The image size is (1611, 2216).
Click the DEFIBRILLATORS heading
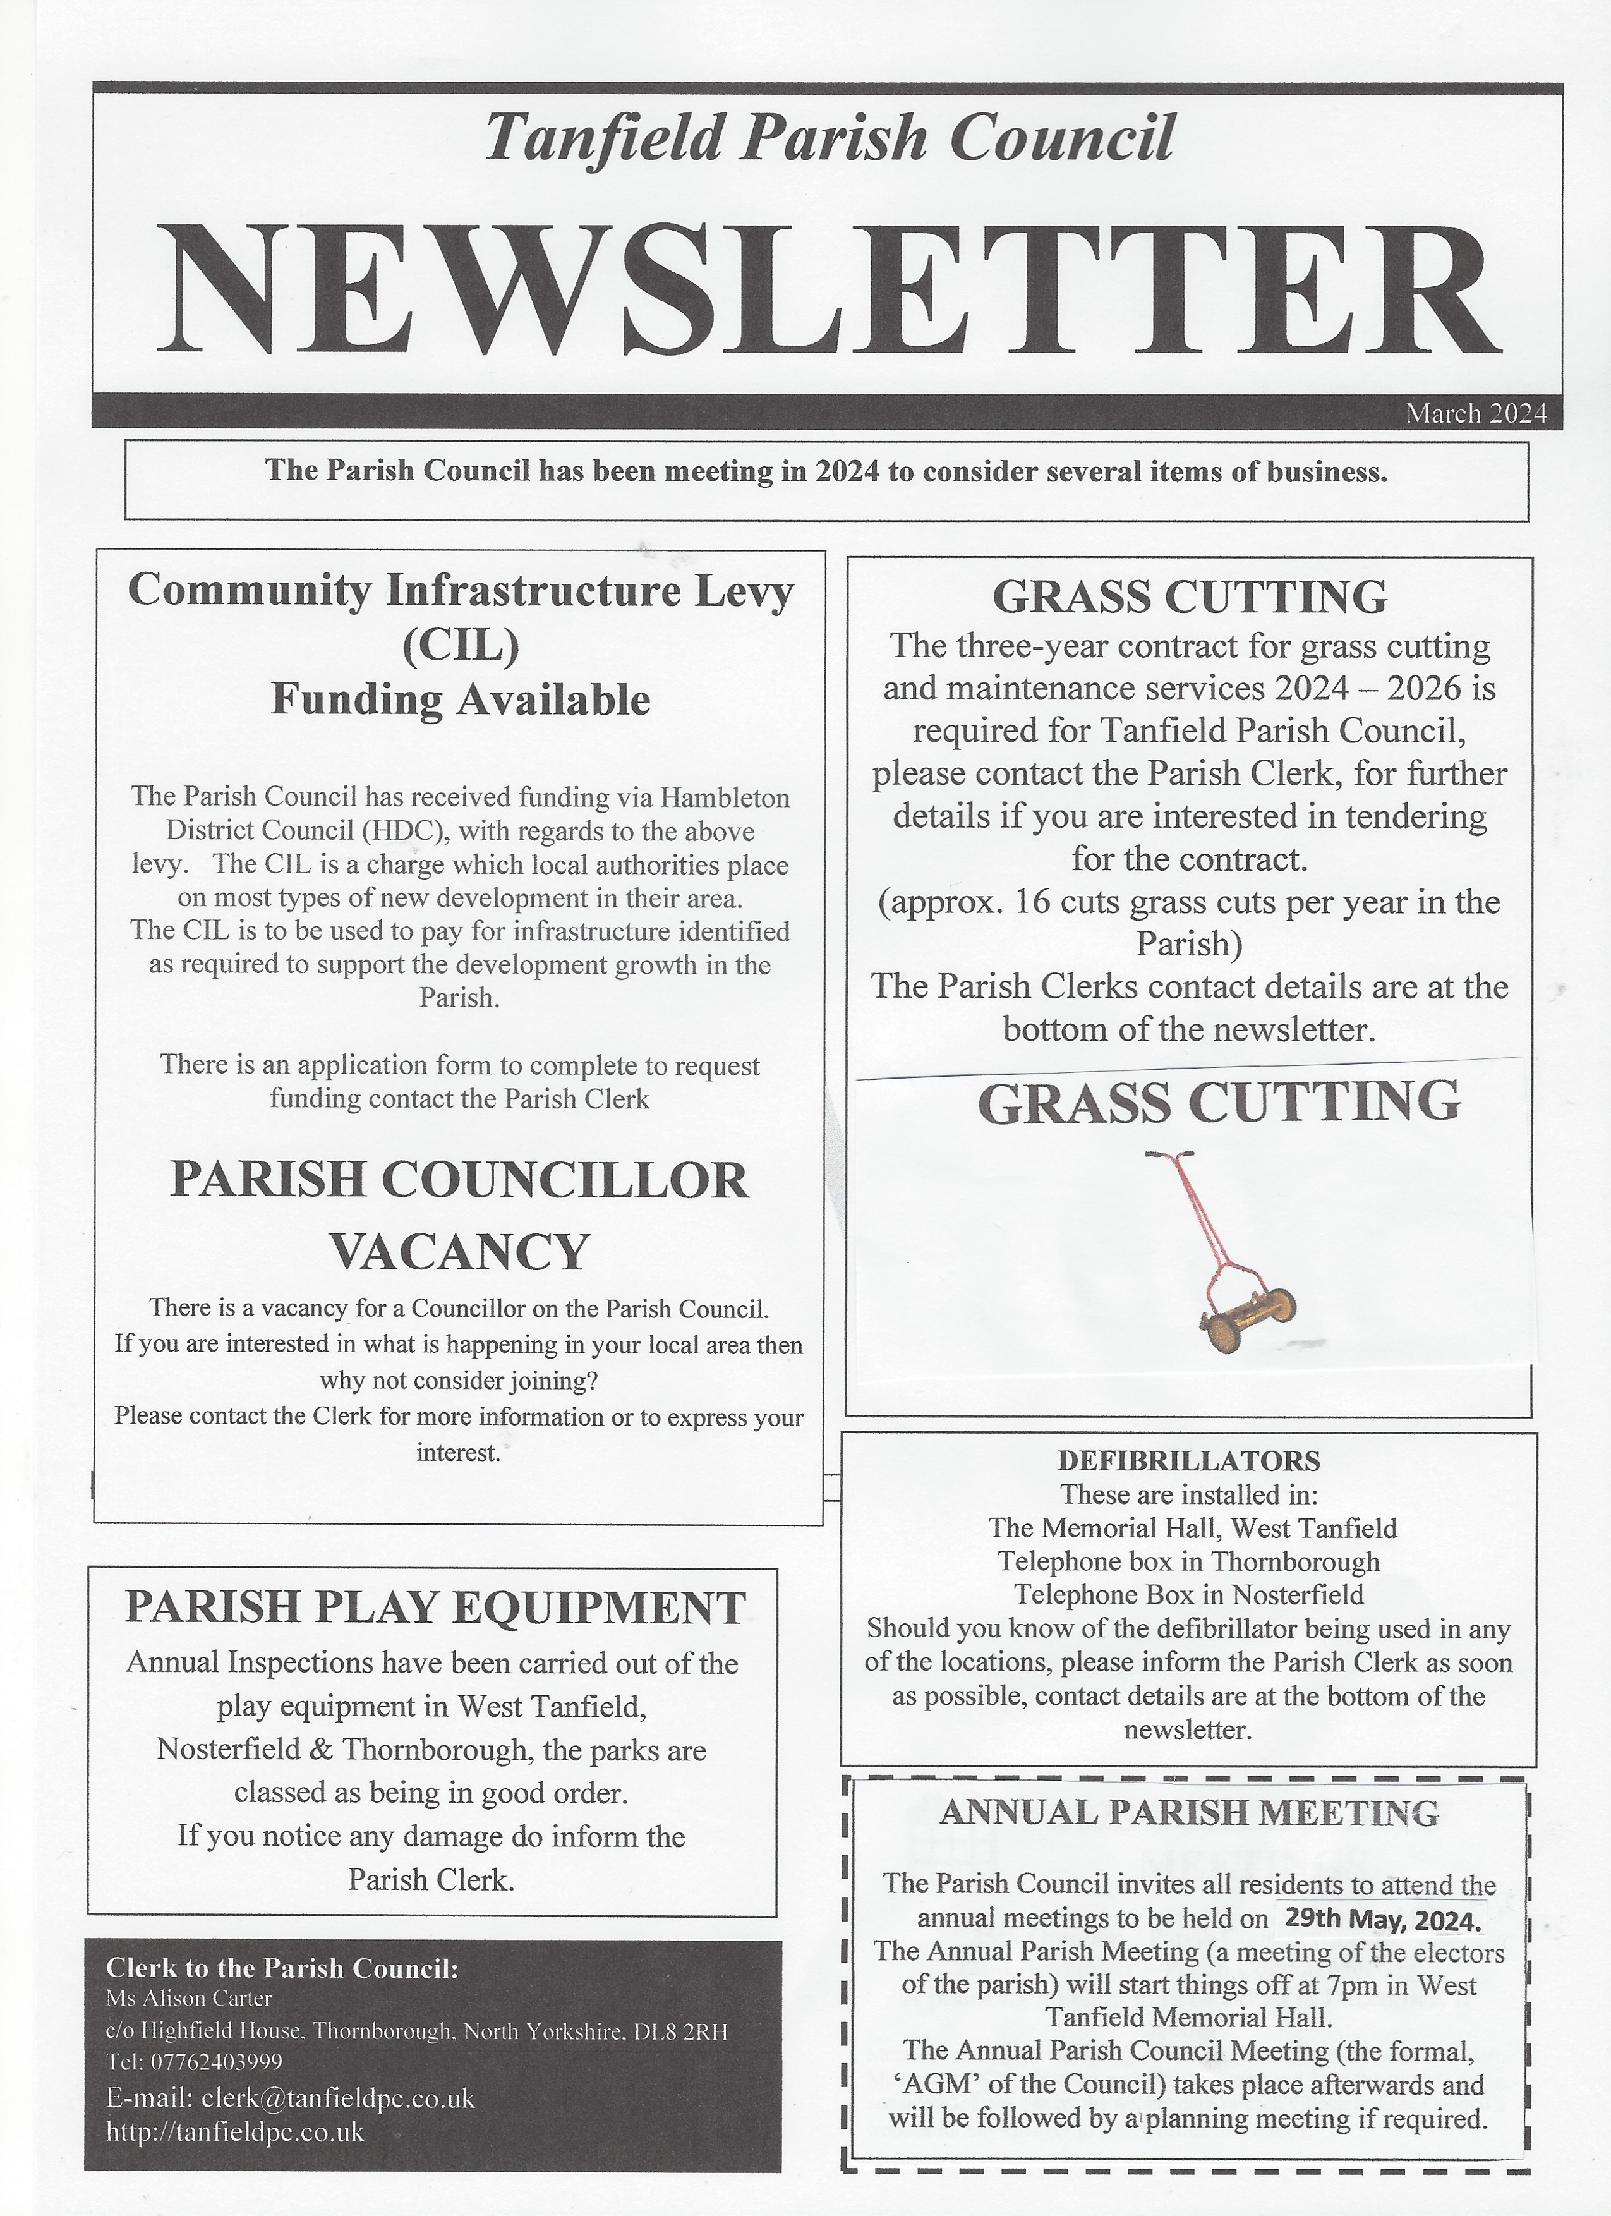click(1188, 1461)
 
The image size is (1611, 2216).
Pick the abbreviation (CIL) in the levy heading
click(460, 645)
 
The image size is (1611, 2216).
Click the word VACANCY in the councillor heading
click(460, 1252)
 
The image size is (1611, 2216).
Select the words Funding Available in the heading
click(460, 699)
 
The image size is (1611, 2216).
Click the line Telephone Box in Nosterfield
click(1188, 1595)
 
